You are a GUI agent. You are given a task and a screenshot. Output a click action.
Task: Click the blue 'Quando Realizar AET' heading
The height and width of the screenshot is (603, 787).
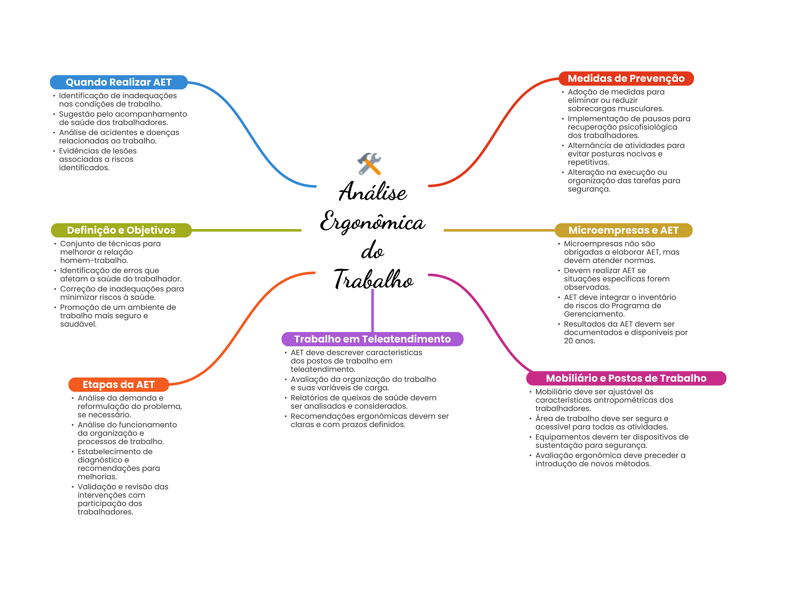pyautogui.click(x=118, y=82)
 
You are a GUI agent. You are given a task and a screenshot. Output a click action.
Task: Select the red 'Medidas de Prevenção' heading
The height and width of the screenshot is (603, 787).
pyautogui.click(x=626, y=78)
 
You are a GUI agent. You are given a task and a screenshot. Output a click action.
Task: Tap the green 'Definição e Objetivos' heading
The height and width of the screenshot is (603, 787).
pyautogui.click(x=121, y=230)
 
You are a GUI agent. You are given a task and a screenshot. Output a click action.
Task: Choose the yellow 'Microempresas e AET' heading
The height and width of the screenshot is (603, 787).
pyautogui.click(x=623, y=230)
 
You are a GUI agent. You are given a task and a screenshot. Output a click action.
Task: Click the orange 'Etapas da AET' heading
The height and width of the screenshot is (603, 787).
pyautogui.click(x=118, y=384)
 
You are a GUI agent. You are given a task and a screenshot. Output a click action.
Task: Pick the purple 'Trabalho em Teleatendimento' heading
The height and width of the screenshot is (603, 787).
pyautogui.click(x=372, y=339)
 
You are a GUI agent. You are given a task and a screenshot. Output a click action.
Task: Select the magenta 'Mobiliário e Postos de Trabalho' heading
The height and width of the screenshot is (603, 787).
pyautogui.click(x=626, y=378)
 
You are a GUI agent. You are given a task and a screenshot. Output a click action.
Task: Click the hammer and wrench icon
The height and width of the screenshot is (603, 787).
pyautogui.click(x=369, y=164)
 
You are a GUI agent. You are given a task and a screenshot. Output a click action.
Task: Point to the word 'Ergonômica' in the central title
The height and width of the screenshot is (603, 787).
pyautogui.click(x=372, y=222)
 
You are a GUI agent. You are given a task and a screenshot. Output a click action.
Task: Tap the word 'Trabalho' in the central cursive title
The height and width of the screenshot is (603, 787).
pyautogui.click(x=373, y=279)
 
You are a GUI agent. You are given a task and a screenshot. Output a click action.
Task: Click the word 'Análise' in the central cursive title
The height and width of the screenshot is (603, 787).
pyautogui.click(x=372, y=192)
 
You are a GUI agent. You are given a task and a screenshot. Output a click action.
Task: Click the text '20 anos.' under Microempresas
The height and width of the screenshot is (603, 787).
pyautogui.click(x=579, y=341)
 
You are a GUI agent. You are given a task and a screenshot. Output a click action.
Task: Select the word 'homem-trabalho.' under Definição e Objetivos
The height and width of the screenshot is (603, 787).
pyautogui.click(x=94, y=261)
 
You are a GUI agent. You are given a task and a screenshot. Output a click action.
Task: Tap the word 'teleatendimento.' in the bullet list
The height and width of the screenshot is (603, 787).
pyautogui.click(x=323, y=369)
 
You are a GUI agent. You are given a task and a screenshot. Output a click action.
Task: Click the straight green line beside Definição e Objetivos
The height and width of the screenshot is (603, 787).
pyautogui.click(x=246, y=230)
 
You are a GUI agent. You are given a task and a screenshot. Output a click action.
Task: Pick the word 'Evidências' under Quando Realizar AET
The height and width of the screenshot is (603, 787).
pyautogui.click(x=79, y=151)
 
